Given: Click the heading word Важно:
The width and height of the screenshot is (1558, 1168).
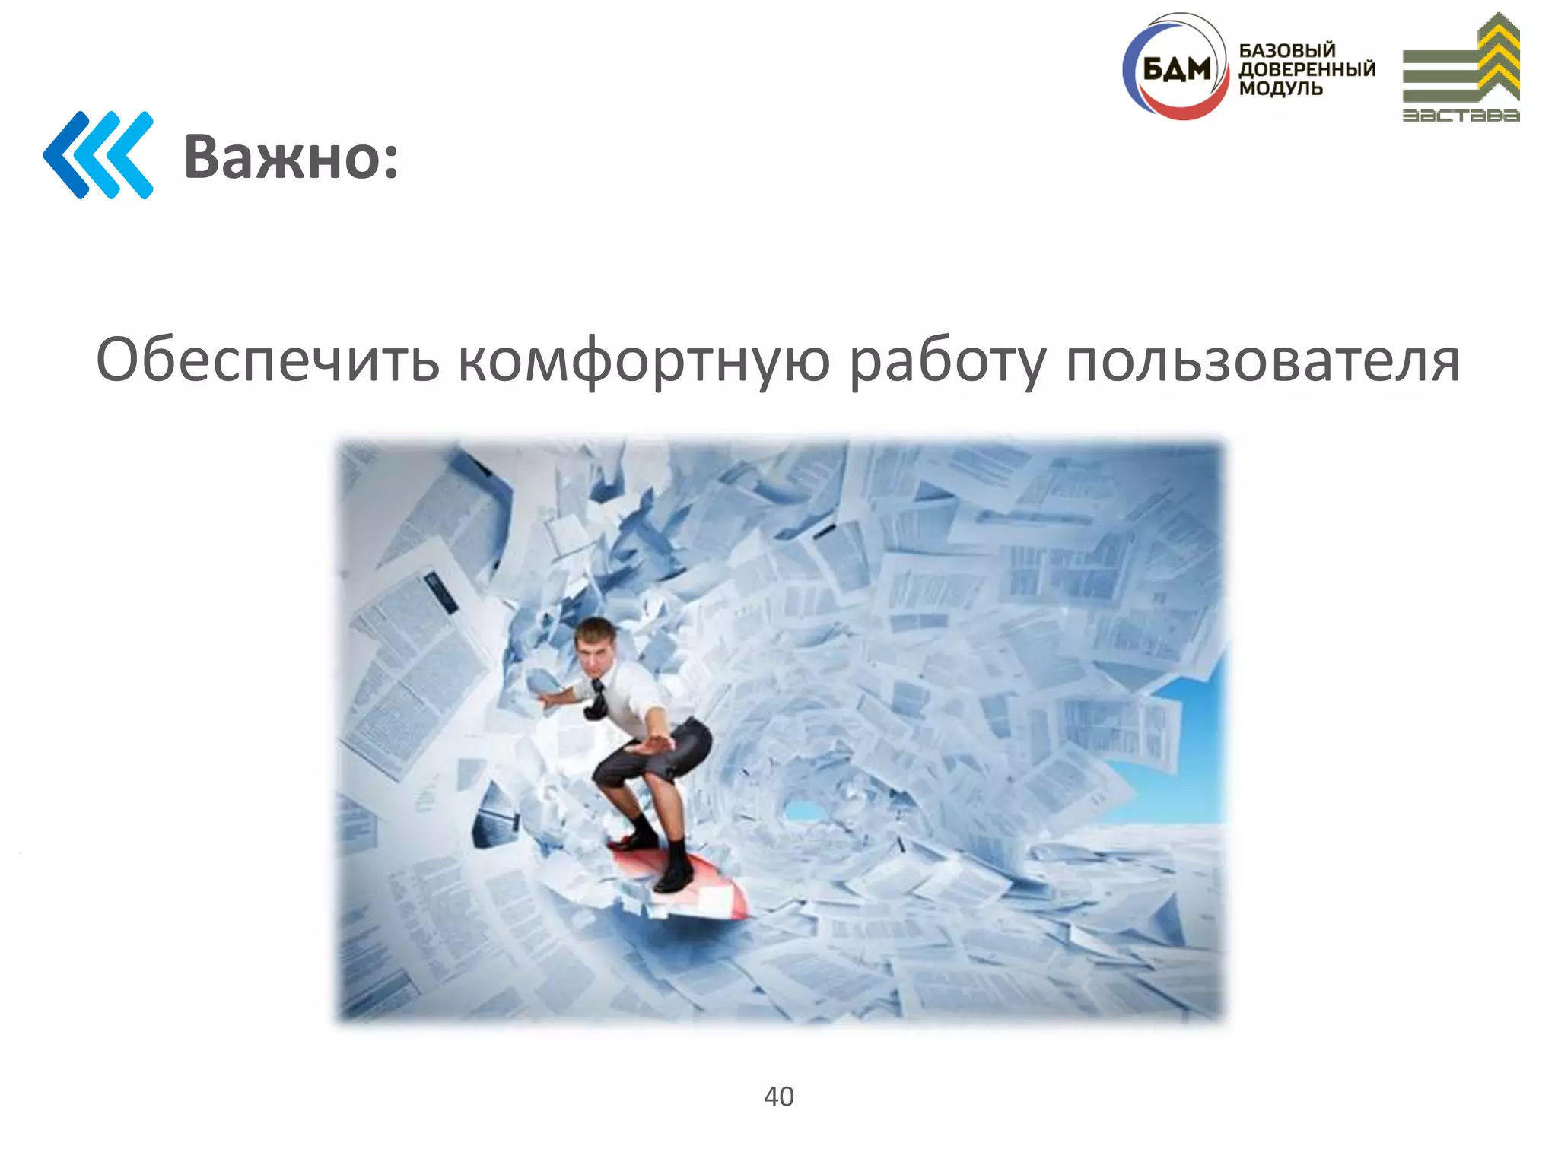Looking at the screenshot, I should [291, 157].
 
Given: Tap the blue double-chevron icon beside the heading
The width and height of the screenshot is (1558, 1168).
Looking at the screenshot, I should [98, 155].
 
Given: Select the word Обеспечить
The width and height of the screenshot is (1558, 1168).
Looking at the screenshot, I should [267, 360].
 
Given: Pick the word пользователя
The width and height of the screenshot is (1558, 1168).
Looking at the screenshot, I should [1262, 360].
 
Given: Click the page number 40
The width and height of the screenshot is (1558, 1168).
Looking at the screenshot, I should [778, 1097].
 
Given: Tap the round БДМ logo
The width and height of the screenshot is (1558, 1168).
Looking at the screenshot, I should [1175, 68].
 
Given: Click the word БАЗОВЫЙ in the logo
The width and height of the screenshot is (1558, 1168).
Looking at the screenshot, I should [1287, 50].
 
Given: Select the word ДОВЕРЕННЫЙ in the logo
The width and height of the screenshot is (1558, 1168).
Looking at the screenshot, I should [1307, 69].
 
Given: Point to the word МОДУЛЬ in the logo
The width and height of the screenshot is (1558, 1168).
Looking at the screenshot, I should [1281, 88].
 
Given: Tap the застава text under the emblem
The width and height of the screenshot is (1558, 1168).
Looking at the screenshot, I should [1461, 116].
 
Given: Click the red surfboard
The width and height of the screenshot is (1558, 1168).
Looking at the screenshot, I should [685, 886].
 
